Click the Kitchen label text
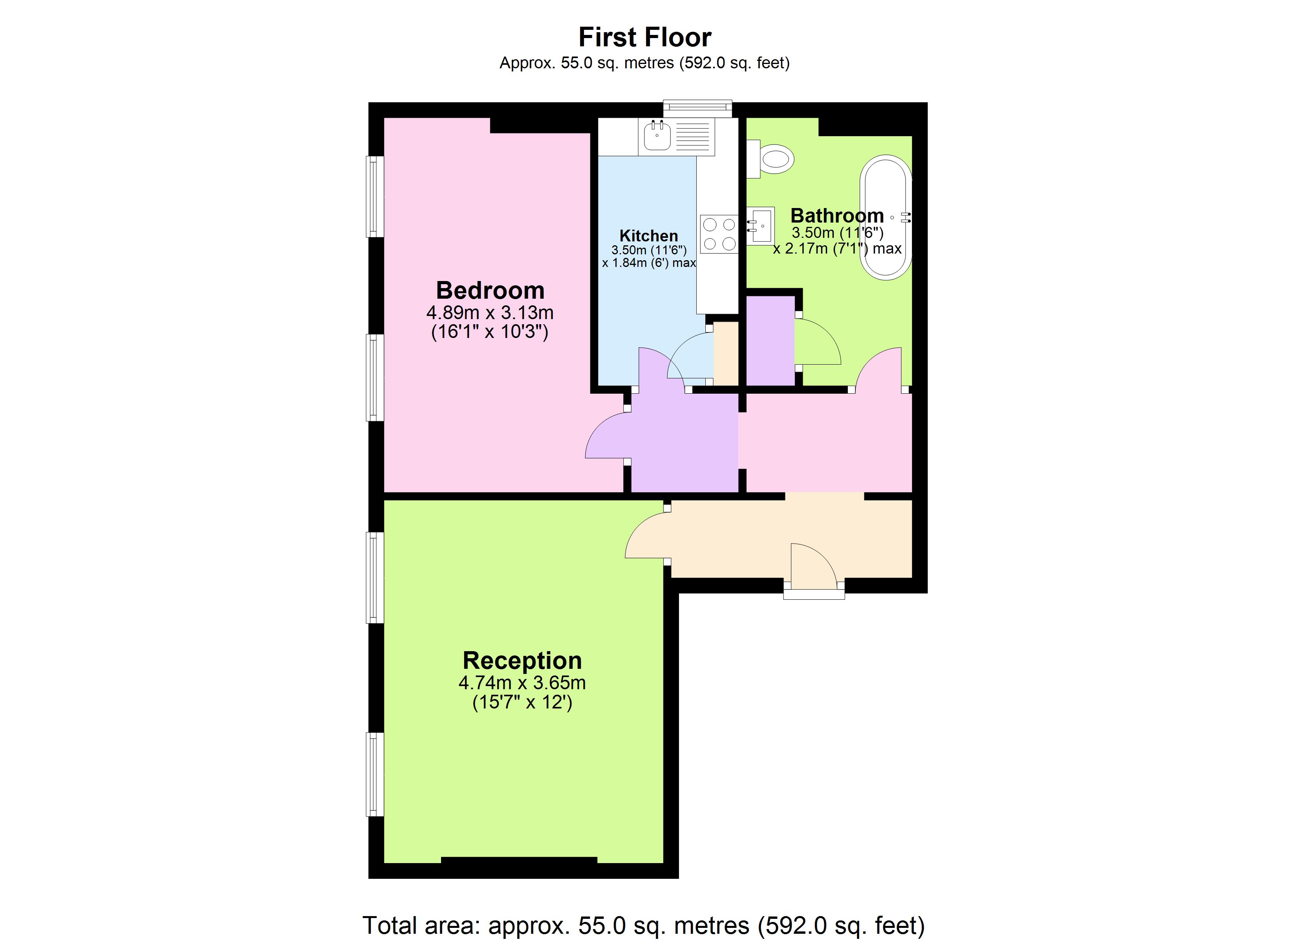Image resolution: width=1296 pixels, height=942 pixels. click(648, 235)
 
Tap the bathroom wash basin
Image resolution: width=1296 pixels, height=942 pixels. click(761, 226)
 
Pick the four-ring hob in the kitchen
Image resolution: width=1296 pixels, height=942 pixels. click(719, 234)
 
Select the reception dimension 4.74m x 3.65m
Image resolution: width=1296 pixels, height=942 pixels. click(522, 683)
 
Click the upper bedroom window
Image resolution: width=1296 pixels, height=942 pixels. click(374, 197)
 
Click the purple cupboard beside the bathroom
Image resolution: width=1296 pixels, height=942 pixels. click(770, 340)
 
